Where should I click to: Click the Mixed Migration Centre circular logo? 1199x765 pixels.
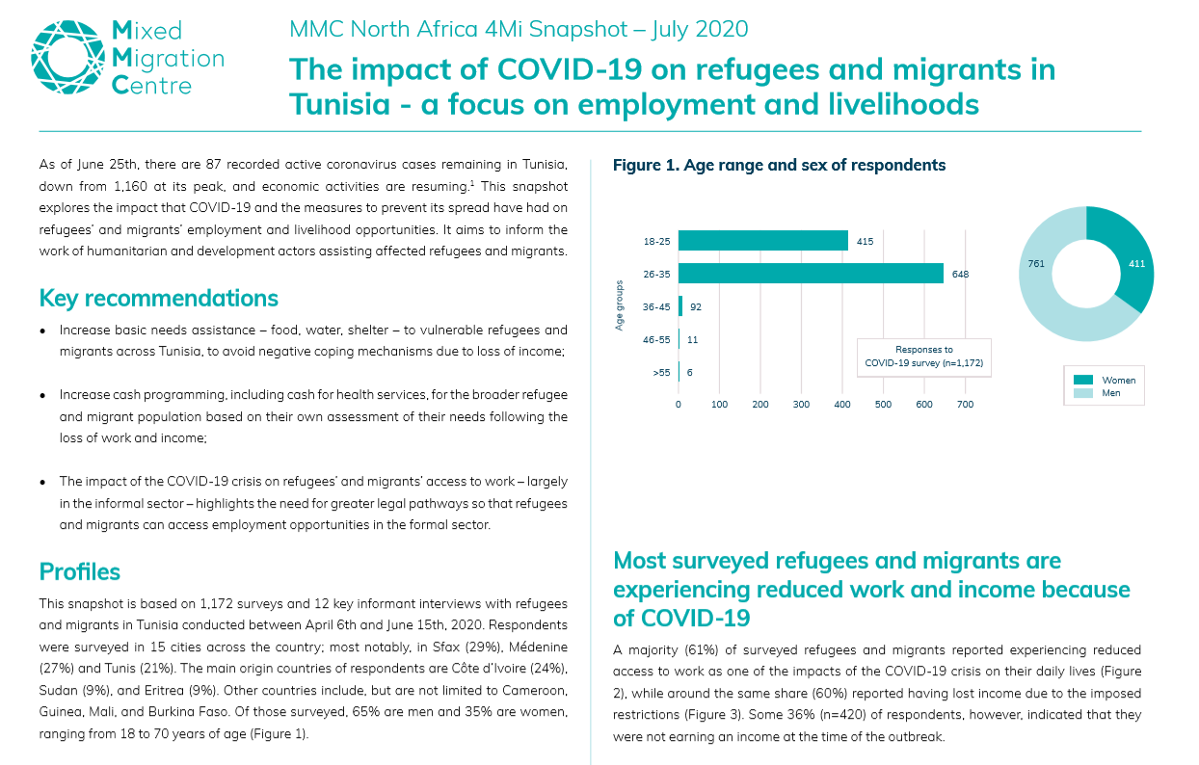(x=68, y=57)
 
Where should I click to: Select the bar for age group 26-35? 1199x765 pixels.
(x=811, y=274)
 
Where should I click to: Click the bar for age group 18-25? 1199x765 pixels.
(x=762, y=241)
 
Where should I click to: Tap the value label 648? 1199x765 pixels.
(x=960, y=274)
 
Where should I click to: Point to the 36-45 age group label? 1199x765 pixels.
(x=656, y=306)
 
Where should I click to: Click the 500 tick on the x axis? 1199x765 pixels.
(x=883, y=405)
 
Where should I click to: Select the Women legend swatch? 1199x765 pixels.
(x=1083, y=380)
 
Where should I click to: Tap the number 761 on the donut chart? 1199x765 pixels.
(x=1036, y=263)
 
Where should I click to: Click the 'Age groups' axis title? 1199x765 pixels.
(x=620, y=305)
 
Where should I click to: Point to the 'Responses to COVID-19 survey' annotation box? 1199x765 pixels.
(x=924, y=356)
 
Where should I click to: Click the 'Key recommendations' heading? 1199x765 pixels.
(x=158, y=298)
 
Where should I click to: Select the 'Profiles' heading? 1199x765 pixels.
(x=80, y=571)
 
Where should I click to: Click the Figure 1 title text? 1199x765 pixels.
(x=779, y=165)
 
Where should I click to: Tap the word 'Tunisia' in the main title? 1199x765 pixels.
(x=340, y=104)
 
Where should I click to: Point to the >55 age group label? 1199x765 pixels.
(x=661, y=372)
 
